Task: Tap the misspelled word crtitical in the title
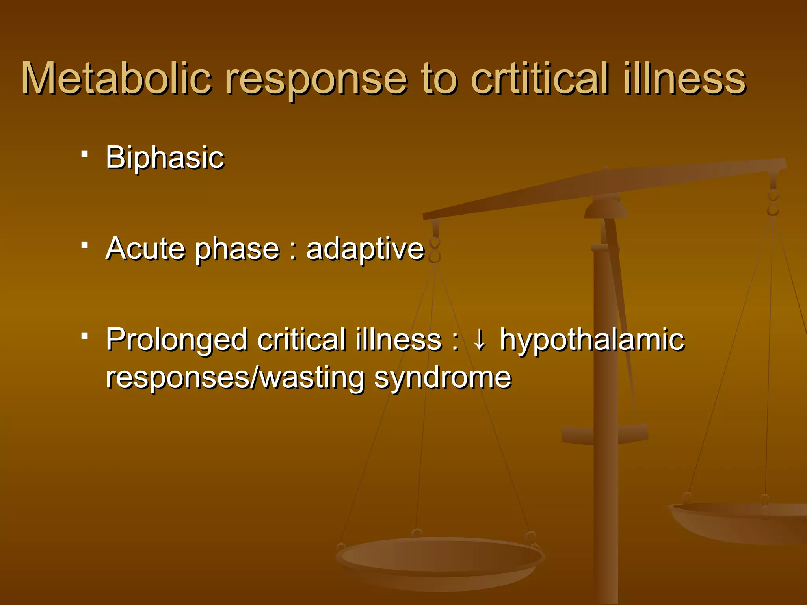tap(540, 78)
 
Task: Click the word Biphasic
tap(165, 158)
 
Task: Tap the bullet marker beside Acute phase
tap(84, 245)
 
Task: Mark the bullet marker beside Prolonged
tap(84, 336)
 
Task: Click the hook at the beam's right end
tap(773, 203)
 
